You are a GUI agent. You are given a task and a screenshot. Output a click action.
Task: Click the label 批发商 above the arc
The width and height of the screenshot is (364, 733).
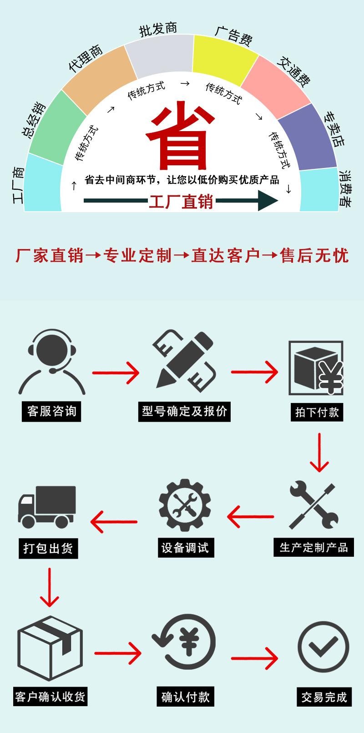(158, 30)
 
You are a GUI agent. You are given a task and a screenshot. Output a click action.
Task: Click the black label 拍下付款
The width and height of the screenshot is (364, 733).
(317, 412)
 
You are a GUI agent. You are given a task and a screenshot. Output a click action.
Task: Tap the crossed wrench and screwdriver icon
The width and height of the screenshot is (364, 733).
(313, 505)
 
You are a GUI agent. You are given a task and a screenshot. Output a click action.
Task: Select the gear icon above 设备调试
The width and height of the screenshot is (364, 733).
(184, 504)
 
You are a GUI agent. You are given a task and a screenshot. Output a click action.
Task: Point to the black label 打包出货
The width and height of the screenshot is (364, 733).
(48, 548)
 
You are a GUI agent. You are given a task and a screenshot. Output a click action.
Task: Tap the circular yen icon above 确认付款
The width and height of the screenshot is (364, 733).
(184, 642)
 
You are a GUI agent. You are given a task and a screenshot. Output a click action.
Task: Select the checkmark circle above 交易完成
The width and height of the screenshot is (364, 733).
(323, 647)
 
